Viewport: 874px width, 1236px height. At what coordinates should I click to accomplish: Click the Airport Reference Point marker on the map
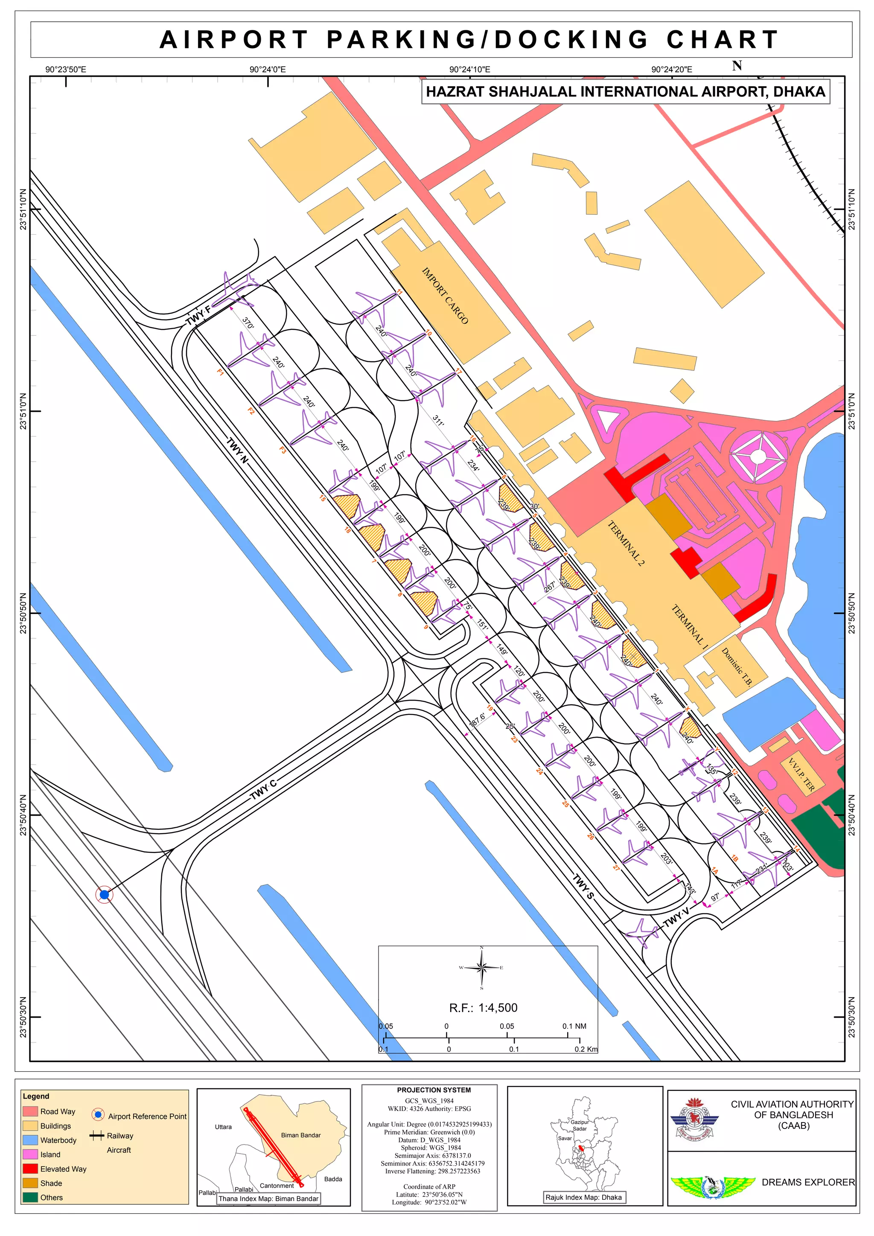point(105,895)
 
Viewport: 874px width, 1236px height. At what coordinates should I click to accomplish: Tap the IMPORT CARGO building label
point(444,296)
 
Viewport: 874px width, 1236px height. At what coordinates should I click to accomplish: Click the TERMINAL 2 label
point(625,543)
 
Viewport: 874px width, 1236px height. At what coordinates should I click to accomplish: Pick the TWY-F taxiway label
point(198,315)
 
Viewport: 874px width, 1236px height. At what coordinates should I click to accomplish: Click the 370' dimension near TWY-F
point(248,323)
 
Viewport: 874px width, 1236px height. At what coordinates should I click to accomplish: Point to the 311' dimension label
point(438,420)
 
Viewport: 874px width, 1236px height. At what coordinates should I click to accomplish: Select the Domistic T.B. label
point(736,666)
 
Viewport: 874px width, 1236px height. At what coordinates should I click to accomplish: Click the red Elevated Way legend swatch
point(31,1168)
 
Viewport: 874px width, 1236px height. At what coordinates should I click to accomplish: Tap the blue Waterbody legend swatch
point(31,1140)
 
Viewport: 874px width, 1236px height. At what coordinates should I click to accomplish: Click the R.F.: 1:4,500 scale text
point(483,1008)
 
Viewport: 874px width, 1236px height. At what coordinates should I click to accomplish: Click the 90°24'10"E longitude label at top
point(469,70)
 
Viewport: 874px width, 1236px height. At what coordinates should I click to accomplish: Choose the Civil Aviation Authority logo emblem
point(695,1121)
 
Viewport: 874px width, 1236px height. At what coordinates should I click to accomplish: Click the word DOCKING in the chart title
point(571,40)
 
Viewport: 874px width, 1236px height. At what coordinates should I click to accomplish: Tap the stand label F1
point(220,372)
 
